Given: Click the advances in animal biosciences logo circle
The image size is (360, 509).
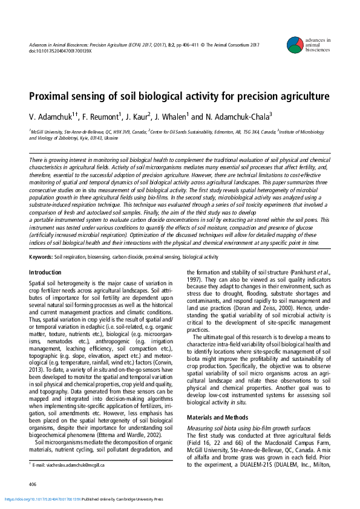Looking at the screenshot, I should click(x=295, y=44).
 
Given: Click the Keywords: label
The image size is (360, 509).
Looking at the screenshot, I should click(x=41, y=257).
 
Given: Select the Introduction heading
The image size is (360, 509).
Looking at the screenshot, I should click(x=45, y=273).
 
